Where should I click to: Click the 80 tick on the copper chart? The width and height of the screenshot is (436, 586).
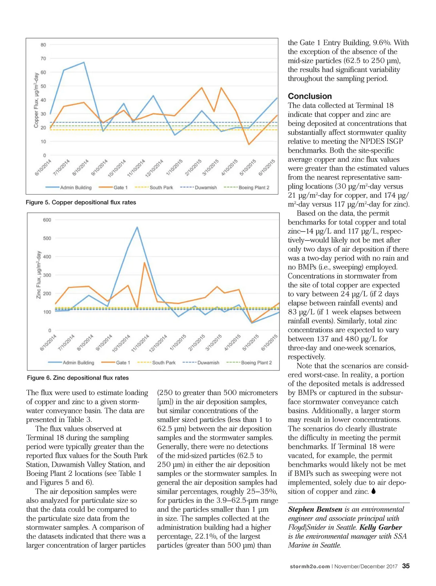click(x=43, y=45)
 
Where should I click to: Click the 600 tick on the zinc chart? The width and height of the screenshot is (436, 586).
click(x=47, y=220)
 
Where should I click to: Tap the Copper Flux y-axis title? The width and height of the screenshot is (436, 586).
click(x=36, y=100)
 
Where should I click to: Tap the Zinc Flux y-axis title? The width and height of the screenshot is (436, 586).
click(x=39, y=275)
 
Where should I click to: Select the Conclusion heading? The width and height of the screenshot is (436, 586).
click(x=310, y=96)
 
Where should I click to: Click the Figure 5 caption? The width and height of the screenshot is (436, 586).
click(x=81, y=202)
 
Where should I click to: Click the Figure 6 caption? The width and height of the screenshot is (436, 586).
click(x=78, y=378)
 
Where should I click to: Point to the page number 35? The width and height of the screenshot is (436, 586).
click(x=406, y=566)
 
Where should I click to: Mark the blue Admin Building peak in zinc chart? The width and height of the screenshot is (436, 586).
click(x=137, y=227)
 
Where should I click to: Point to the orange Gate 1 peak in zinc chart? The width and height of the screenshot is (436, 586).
click(x=144, y=262)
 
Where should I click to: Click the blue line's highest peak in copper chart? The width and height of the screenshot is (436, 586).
click(x=84, y=63)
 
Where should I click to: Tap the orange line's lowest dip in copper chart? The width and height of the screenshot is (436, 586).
click(x=249, y=145)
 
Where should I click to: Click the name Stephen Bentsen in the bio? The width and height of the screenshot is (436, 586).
click(x=315, y=509)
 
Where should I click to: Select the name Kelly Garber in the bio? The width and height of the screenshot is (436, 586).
click(x=381, y=527)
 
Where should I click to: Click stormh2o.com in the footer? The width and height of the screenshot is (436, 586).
click(x=310, y=566)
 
